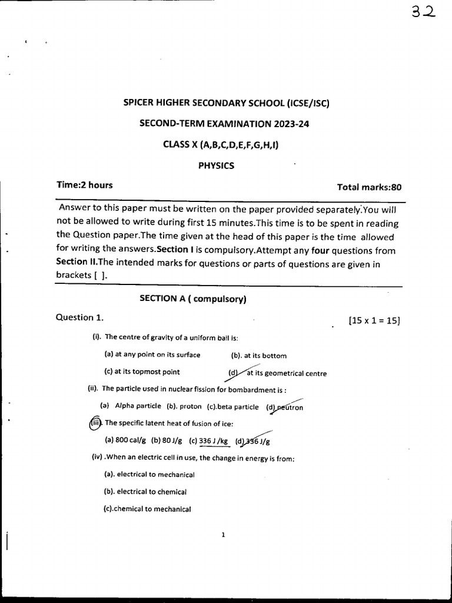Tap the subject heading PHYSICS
(x=216, y=165)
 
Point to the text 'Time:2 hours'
(x=84, y=185)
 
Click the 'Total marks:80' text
(x=369, y=187)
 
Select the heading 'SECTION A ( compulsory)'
(x=192, y=299)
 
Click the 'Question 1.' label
(x=79, y=317)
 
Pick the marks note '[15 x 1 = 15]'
(x=374, y=320)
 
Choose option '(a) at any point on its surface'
(x=152, y=354)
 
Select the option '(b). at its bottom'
(x=259, y=356)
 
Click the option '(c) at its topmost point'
(x=142, y=372)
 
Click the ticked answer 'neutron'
(x=290, y=407)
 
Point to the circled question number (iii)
(x=95, y=423)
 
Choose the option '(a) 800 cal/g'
(x=125, y=440)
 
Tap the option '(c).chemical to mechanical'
(x=147, y=509)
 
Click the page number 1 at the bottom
(x=224, y=535)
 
